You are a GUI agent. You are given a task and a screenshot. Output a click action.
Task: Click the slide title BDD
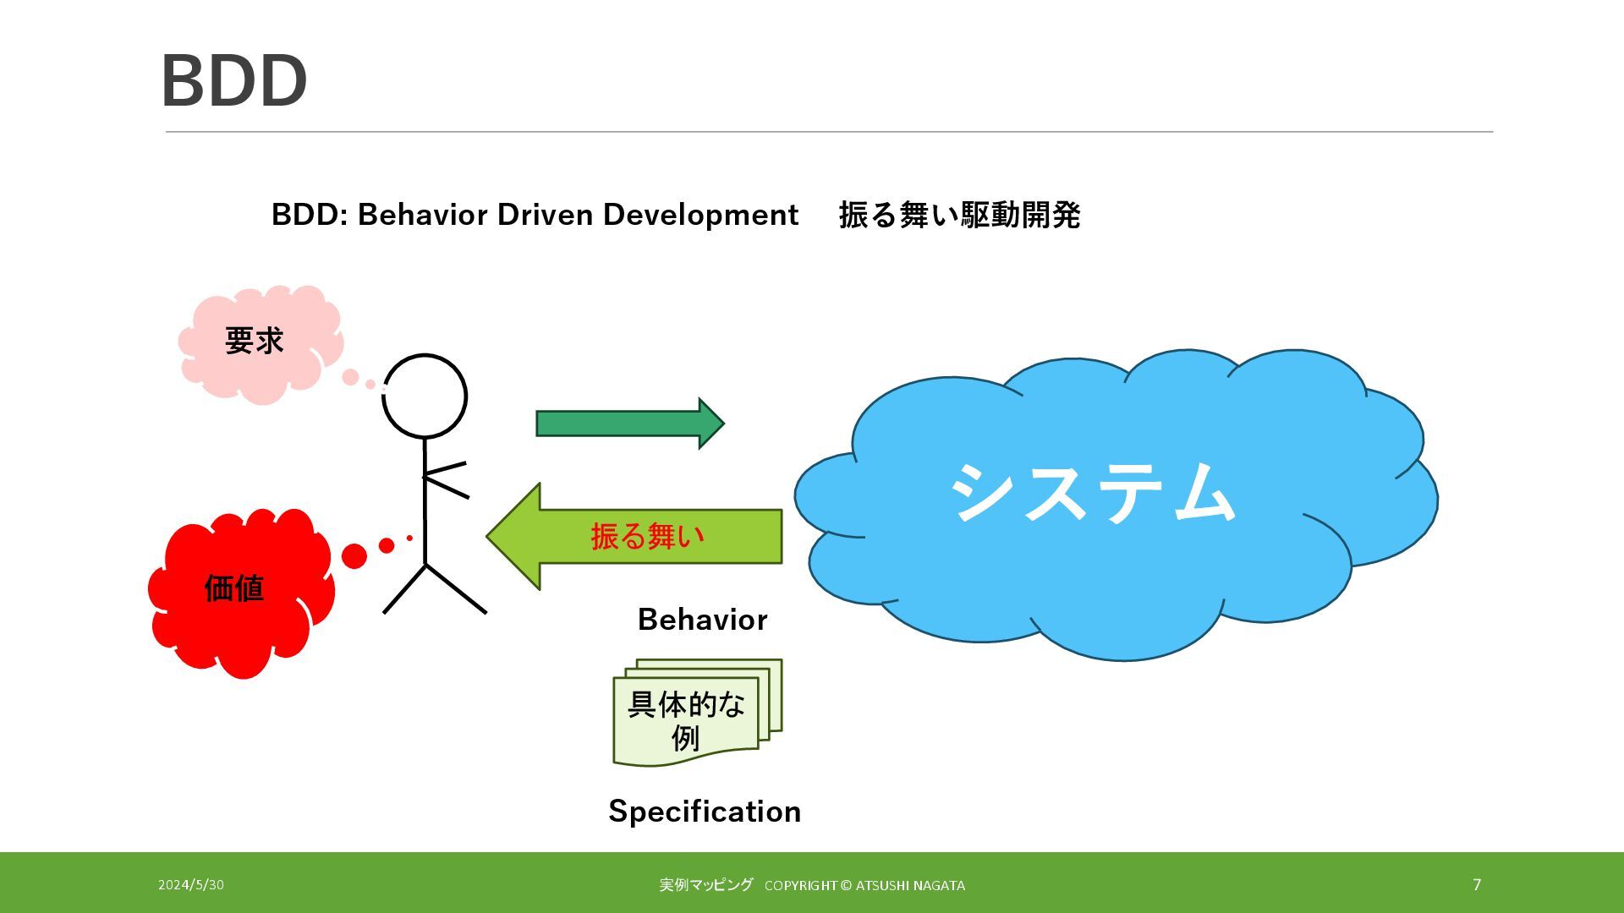point(233,81)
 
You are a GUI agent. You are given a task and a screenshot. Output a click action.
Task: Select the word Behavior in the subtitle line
point(422,215)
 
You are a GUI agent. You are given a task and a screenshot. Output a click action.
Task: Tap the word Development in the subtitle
point(700,215)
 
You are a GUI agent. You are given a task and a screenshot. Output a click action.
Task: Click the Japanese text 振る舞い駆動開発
point(959,215)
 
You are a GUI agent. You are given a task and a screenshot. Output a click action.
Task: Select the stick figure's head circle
point(425,396)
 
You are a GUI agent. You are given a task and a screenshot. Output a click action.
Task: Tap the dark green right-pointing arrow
point(629,423)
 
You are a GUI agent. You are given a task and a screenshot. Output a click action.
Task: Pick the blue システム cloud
point(1100,499)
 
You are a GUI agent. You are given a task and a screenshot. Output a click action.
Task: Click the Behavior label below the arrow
point(702,620)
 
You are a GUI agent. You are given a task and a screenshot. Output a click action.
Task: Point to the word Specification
point(705,812)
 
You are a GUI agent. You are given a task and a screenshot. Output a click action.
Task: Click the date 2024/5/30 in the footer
point(191,885)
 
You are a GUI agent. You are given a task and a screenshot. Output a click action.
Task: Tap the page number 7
point(1477,884)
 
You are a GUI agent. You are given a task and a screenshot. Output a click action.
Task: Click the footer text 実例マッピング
point(705,885)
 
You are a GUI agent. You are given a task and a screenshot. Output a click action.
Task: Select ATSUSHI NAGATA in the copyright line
point(910,886)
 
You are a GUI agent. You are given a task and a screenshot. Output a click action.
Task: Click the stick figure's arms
point(446,478)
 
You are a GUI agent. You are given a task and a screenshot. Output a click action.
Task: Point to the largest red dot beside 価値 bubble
point(354,555)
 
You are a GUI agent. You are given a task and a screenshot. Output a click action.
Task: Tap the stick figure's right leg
point(457,589)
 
